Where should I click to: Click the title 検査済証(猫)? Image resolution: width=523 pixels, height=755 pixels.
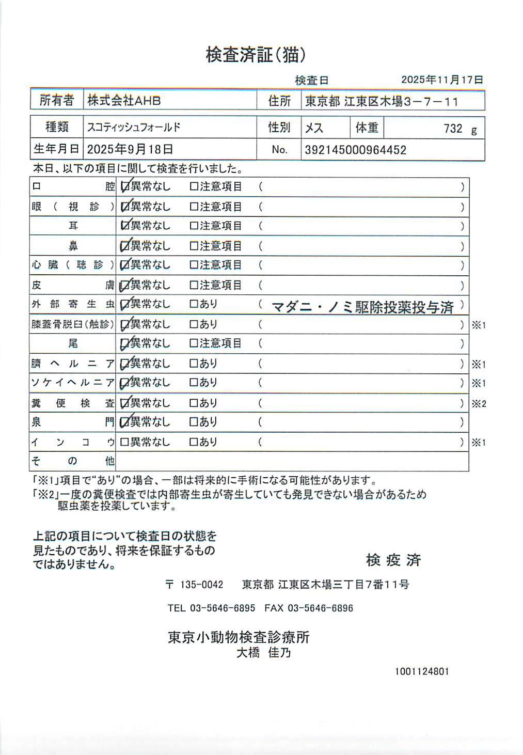[x=256, y=55]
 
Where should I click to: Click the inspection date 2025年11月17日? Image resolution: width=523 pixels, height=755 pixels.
[x=442, y=80]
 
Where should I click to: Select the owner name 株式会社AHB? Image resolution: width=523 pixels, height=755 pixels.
[x=124, y=100]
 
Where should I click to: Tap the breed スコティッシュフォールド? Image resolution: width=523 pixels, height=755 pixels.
[x=134, y=127]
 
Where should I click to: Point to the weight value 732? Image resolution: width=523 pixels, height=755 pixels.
[x=453, y=129]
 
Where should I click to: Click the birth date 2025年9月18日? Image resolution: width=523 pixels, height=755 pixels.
[x=130, y=150]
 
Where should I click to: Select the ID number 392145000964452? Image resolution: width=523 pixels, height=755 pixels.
[x=355, y=150]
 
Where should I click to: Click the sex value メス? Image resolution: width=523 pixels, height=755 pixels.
[x=314, y=128]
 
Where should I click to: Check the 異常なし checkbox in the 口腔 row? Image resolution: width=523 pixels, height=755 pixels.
[x=124, y=187]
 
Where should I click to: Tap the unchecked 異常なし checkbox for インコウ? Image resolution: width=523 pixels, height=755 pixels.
[x=124, y=442]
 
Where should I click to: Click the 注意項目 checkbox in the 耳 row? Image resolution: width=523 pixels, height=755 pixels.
[x=194, y=226]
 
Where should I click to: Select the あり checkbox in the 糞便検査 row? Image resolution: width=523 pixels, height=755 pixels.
[x=194, y=403]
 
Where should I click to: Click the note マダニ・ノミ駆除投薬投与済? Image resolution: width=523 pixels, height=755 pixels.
[x=362, y=308]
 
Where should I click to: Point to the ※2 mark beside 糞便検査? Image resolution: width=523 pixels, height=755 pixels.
[x=479, y=404]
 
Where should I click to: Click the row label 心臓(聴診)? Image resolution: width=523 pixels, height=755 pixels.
[x=72, y=265]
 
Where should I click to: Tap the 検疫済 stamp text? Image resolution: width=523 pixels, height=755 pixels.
[x=393, y=560]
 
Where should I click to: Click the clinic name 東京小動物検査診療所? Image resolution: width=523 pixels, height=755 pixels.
[x=239, y=637]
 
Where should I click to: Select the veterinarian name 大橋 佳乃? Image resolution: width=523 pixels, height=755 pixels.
[x=264, y=653]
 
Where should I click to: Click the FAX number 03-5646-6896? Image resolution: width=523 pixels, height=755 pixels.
[x=320, y=608]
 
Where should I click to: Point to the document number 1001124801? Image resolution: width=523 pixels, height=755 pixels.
[x=422, y=671]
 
